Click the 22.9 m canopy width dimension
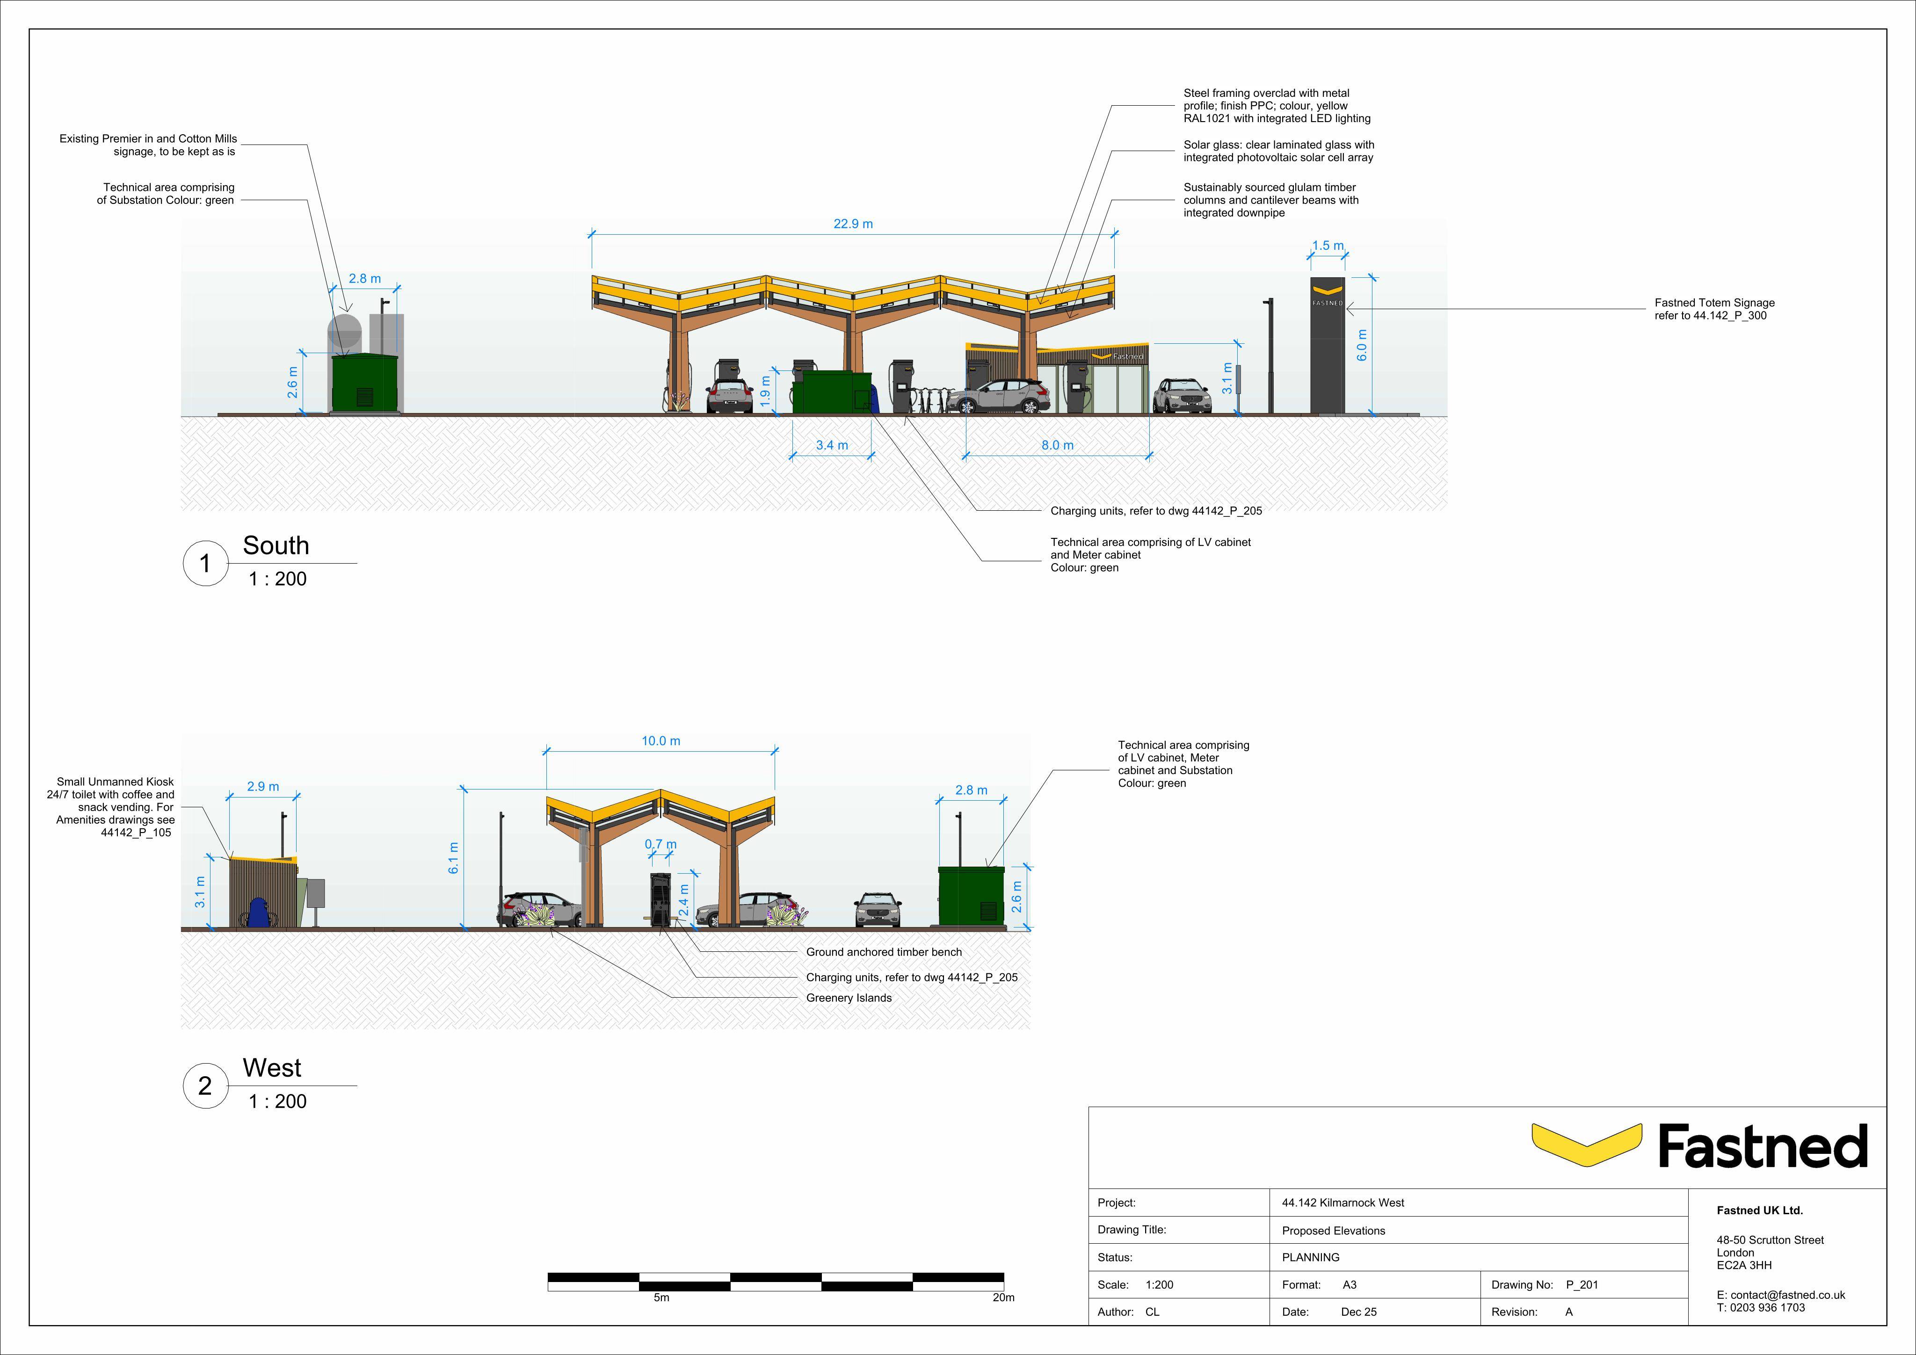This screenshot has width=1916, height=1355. [853, 224]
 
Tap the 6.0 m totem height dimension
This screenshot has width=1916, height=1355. [1362, 346]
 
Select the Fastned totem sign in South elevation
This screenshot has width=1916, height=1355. [1327, 346]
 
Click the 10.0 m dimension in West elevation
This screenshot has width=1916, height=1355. [661, 741]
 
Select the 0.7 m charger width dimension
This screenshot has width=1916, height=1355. [661, 844]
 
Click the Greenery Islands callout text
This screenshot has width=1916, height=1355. [849, 998]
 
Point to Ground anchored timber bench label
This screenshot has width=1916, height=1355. [884, 952]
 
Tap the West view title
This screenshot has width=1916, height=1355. [272, 1067]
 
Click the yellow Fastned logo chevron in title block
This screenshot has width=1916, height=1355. [1586, 1145]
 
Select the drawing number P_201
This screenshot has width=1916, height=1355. [1582, 1285]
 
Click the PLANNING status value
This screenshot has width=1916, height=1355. [1310, 1257]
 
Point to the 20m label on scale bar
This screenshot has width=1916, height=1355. [1004, 1297]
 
